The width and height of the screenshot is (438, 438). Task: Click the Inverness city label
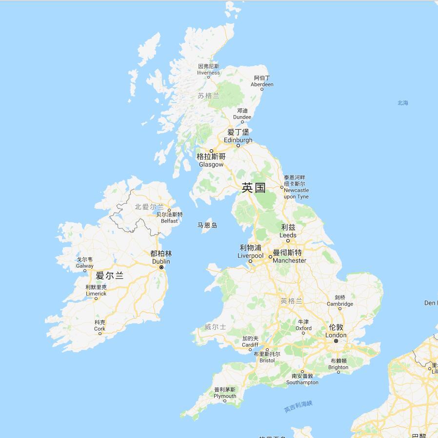point(208,73)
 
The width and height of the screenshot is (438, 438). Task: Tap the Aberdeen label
point(262,84)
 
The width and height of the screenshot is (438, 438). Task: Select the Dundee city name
point(242,117)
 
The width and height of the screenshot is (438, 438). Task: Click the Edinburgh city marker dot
point(238,145)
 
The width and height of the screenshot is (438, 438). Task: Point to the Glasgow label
point(211,164)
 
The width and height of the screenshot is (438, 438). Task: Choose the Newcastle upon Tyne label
point(296,190)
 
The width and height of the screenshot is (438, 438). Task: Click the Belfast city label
point(169,220)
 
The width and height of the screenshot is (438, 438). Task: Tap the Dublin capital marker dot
point(161,267)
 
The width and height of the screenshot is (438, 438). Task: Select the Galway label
point(84,266)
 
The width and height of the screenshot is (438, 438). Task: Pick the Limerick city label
point(96,294)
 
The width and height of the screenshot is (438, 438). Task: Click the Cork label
point(100,329)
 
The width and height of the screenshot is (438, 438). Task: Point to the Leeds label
point(288,235)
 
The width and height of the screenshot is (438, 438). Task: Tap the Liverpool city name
point(250,256)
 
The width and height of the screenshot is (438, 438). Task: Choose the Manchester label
point(289,260)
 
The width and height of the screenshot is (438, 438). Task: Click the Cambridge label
point(340,304)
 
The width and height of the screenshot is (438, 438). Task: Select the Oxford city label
point(303,328)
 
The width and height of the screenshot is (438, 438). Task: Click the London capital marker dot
point(336,341)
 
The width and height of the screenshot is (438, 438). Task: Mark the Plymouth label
point(225,396)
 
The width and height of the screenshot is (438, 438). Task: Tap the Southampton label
point(302,382)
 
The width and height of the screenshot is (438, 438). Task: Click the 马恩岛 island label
point(207,225)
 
